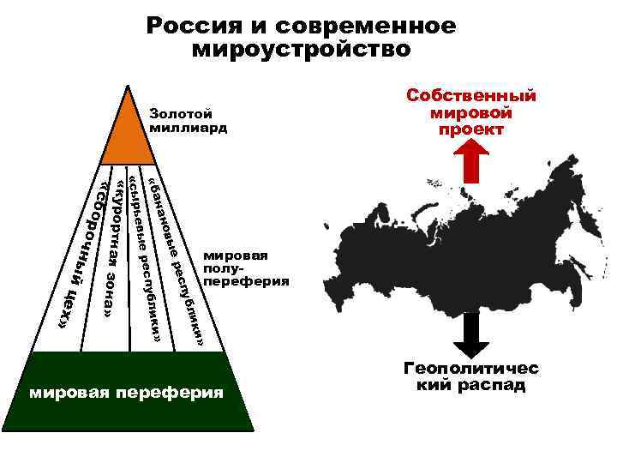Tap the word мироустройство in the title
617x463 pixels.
pos(301,49)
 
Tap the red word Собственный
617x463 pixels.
pos(470,95)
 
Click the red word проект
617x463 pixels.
pos(470,129)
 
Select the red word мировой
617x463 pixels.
pos(470,112)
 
